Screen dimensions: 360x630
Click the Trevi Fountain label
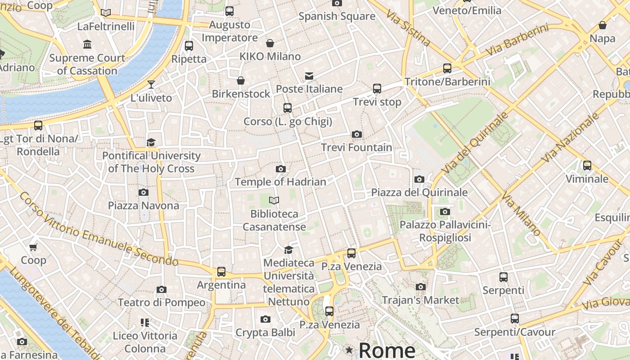[356, 147]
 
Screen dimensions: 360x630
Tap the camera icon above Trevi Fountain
[357, 134]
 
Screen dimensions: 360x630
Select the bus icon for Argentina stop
[221, 272]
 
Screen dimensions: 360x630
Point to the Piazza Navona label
[144, 206]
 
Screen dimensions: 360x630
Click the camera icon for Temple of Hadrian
[281, 169]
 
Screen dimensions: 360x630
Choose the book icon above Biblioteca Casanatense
[274, 200]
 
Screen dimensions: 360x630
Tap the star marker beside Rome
[349, 350]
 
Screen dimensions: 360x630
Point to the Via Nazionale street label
[571, 138]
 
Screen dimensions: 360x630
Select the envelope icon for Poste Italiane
[309, 76]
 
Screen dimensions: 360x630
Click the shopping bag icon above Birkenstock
[241, 81]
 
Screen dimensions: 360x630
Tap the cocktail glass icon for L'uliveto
[151, 85]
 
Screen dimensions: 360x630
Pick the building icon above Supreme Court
[87, 45]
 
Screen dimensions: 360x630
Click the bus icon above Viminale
[587, 166]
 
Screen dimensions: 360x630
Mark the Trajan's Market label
[420, 300]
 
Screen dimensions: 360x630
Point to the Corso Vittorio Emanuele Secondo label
[99, 228]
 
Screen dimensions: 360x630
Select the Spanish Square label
[337, 16]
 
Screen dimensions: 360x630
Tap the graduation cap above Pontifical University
[151, 143]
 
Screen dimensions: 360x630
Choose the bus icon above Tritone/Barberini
[447, 68]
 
